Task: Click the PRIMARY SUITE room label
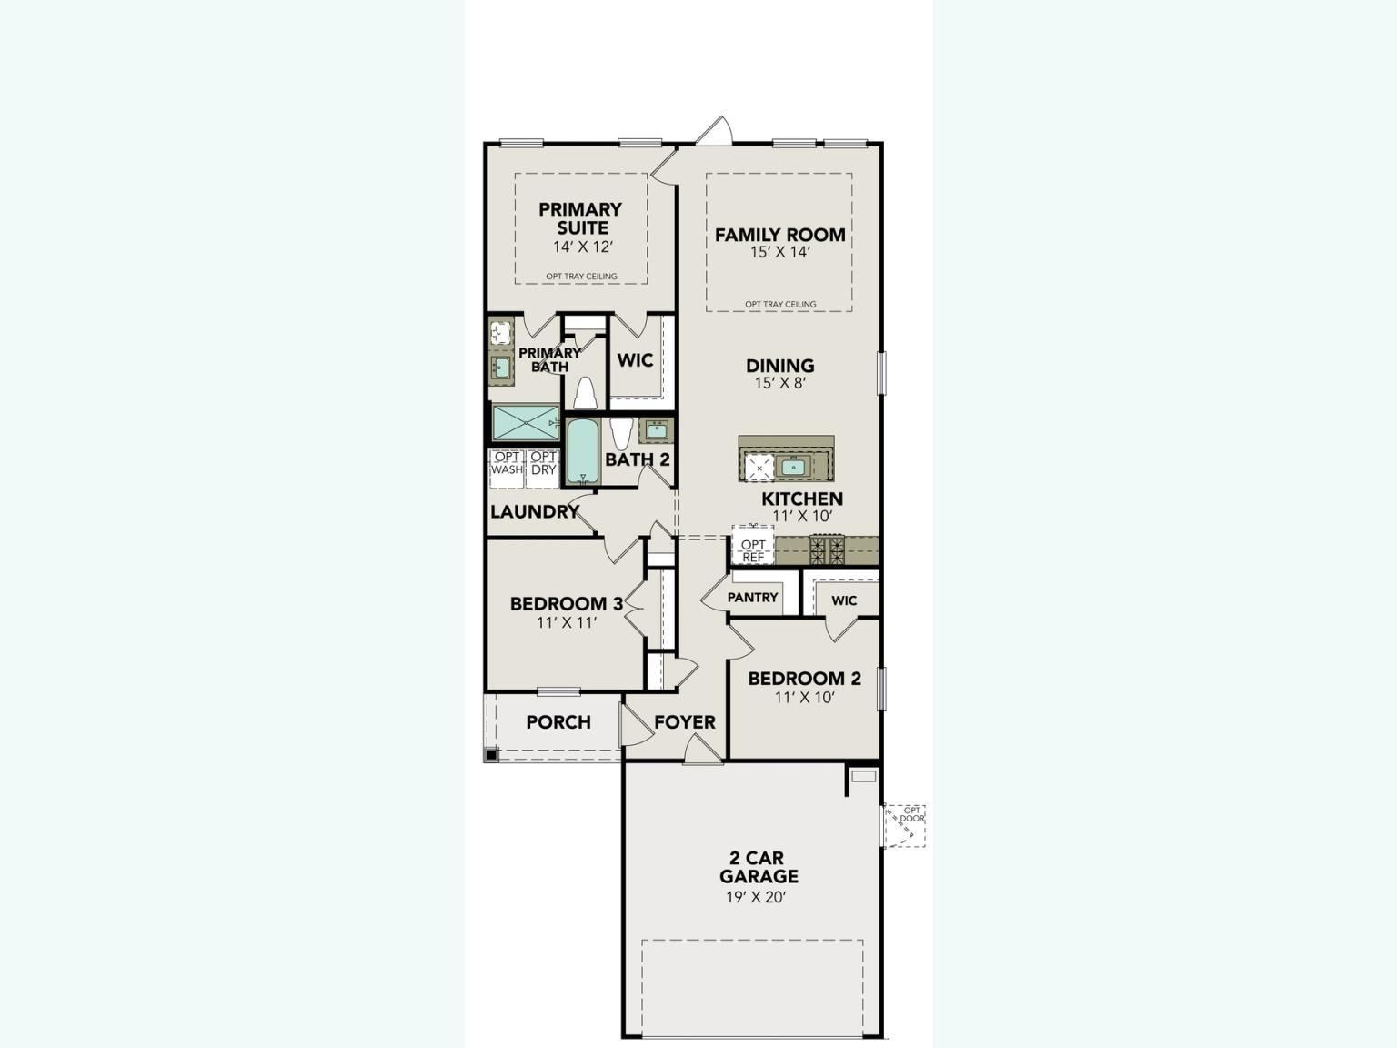click(580, 218)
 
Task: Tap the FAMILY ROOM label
click(779, 235)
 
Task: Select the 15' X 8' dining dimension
click(779, 383)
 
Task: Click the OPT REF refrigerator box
click(752, 549)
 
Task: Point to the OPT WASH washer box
click(507, 464)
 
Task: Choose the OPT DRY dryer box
click(543, 464)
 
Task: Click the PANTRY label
click(752, 598)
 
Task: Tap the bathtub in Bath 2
click(581, 452)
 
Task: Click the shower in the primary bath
click(526, 423)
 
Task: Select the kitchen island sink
click(794, 467)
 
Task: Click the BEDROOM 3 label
click(566, 603)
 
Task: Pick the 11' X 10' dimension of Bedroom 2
click(804, 698)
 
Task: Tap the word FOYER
click(684, 722)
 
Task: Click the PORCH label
click(558, 722)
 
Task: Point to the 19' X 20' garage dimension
click(759, 897)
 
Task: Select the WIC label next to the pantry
click(843, 600)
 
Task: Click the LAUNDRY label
click(534, 512)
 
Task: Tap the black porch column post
click(491, 754)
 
